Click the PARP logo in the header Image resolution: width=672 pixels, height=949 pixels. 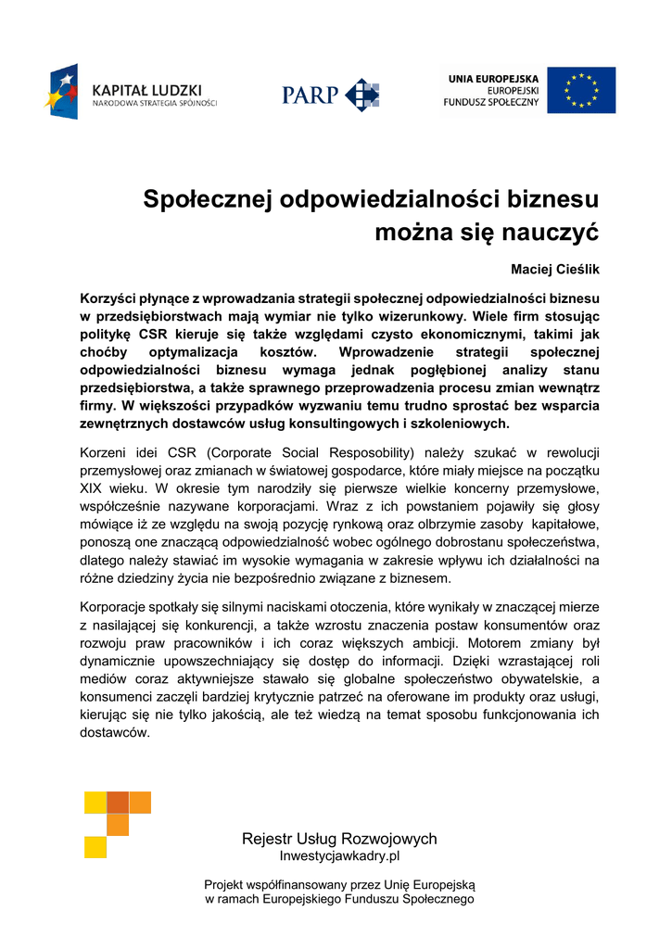pyautogui.click(x=330, y=95)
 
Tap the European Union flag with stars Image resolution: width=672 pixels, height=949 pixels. pyautogui.click(x=580, y=90)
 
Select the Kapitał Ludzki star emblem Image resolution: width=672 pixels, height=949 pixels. pyautogui.click(x=62, y=92)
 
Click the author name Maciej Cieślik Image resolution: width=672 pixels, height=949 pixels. pyautogui.click(x=555, y=269)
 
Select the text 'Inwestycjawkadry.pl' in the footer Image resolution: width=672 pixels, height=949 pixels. pyautogui.click(x=339, y=856)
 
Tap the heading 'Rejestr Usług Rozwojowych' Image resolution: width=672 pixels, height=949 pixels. pyautogui.click(x=339, y=839)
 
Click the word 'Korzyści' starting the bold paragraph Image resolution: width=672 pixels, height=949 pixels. pyautogui.click(x=109, y=298)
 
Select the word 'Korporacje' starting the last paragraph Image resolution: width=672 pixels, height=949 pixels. pyautogui.click(x=115, y=606)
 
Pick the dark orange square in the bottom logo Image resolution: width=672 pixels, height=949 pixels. pyautogui.click(x=118, y=802)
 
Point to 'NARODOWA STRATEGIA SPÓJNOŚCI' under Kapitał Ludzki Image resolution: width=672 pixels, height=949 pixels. pyautogui.click(x=155, y=104)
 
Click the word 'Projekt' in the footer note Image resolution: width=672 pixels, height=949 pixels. pyautogui.click(x=226, y=885)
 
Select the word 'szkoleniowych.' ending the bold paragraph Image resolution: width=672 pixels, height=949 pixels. pyautogui.click(x=463, y=423)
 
